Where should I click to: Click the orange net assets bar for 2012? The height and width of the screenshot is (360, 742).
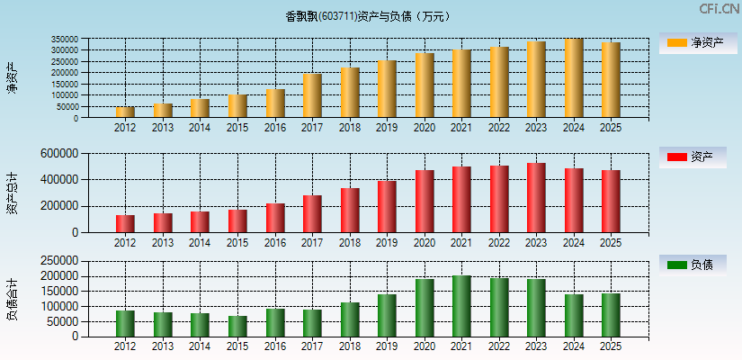pyautogui.click(x=125, y=112)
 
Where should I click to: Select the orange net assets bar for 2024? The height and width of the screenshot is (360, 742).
pyautogui.click(x=574, y=78)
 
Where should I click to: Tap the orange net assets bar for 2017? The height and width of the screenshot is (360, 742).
pyautogui.click(x=312, y=95)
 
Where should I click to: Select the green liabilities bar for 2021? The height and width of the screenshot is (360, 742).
pyautogui.click(x=461, y=306)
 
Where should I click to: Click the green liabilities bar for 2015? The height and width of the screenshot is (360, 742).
pyautogui.click(x=237, y=326)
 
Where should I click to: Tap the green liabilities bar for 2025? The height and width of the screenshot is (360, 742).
pyautogui.click(x=611, y=315)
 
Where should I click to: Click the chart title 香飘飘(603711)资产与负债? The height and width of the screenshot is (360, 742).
pyautogui.click(x=368, y=16)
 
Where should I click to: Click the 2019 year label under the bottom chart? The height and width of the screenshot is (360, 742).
pyautogui.click(x=387, y=346)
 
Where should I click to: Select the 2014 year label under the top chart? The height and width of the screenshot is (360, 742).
pyautogui.click(x=200, y=127)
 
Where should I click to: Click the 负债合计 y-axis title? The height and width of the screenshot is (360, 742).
pyautogui.click(x=13, y=299)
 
